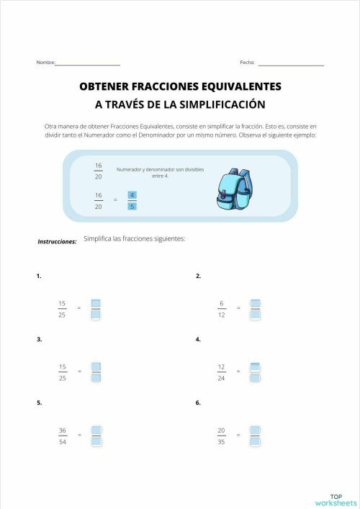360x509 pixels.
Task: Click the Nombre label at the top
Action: pyautogui.click(x=45, y=63)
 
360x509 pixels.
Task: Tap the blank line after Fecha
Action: pyautogui.click(x=291, y=64)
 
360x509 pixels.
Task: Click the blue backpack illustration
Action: pyautogui.click(x=235, y=190)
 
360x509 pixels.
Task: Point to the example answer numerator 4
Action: pyautogui.click(x=132, y=195)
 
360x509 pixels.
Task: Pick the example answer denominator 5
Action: pyautogui.click(x=132, y=207)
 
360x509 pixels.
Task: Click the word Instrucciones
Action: pyautogui.click(x=57, y=242)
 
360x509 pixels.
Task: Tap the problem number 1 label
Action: pyautogui.click(x=39, y=276)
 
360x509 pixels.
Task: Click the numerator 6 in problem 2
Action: pyautogui.click(x=222, y=303)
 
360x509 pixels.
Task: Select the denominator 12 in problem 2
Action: pyautogui.click(x=221, y=314)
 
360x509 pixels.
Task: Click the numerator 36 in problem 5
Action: pyautogui.click(x=63, y=431)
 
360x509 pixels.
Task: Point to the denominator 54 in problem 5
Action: pyautogui.click(x=63, y=441)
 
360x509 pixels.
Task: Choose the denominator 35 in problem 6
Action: pyautogui.click(x=221, y=441)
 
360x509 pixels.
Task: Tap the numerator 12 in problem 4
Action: pyautogui.click(x=221, y=366)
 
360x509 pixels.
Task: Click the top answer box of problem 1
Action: pyautogui.click(x=96, y=303)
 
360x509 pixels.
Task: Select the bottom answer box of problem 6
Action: pyautogui.click(x=255, y=441)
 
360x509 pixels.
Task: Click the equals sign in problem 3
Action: pyautogui.click(x=79, y=371)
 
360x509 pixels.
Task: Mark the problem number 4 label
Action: pyautogui.click(x=198, y=339)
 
